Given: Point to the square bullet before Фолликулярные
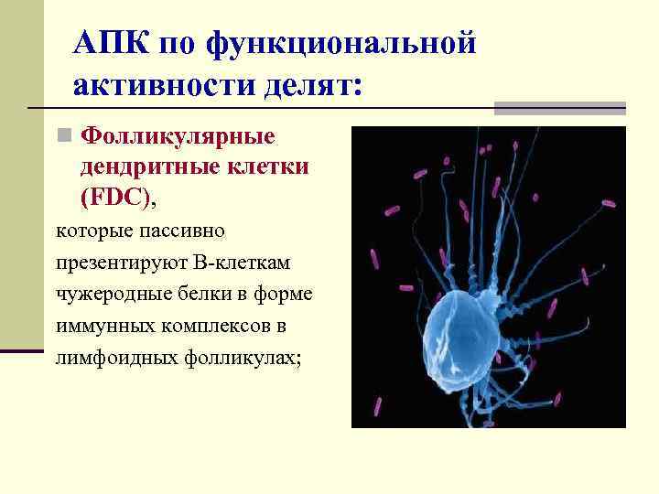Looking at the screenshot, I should tap(63, 137).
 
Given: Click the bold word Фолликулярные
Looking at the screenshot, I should tap(178, 137).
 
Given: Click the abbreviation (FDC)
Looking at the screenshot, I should tap(116, 199).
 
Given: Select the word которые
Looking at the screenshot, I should tap(90, 231).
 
